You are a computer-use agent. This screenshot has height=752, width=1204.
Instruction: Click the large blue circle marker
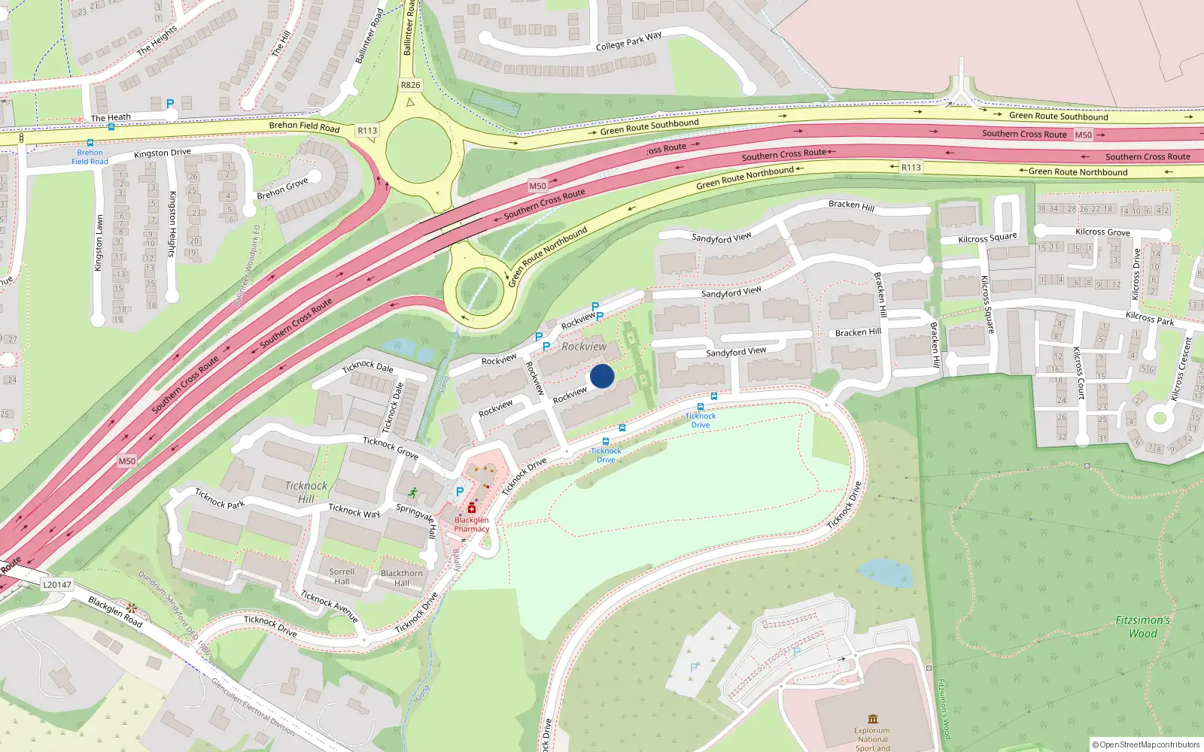[602, 376]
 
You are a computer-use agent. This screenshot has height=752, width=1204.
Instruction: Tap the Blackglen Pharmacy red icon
[472, 508]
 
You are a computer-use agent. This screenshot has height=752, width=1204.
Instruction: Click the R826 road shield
[410, 85]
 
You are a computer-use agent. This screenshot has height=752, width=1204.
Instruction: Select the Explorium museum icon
[873, 719]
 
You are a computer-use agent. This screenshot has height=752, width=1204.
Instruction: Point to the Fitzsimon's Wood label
[1142, 626]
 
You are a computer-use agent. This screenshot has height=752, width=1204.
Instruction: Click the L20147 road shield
[57, 584]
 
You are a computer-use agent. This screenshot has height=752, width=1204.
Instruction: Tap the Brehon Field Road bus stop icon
[90, 142]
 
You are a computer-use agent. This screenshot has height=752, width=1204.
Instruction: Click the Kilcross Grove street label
[1102, 232]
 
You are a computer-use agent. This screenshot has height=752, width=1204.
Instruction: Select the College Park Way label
[628, 41]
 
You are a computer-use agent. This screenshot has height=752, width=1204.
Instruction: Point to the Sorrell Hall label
[342, 576]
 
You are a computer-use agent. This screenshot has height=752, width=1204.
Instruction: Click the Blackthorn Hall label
[402, 578]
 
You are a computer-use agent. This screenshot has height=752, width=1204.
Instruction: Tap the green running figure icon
[412, 493]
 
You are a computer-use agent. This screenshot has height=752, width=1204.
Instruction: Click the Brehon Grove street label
[282, 189]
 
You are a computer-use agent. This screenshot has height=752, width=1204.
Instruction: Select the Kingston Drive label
[163, 153]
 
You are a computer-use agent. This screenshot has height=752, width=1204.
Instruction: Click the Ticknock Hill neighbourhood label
[306, 492]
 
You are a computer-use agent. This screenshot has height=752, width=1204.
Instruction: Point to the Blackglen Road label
[115, 612]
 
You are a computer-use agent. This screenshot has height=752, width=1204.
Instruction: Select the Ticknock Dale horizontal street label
[367, 366]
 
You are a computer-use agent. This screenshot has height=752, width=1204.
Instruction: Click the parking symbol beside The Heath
[170, 104]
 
